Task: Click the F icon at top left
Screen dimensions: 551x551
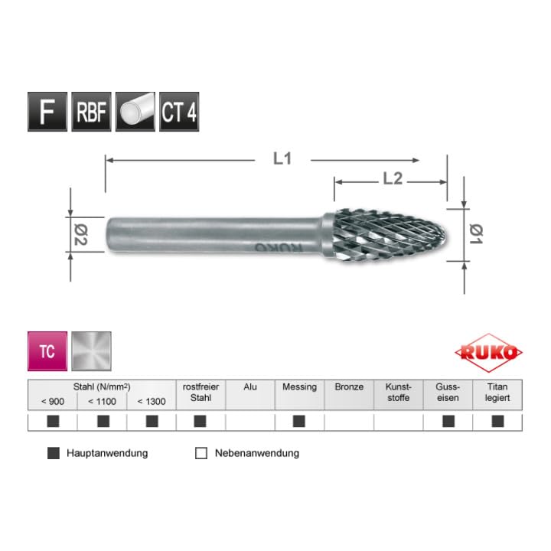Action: (47, 112)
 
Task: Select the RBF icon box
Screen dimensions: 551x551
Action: (91, 112)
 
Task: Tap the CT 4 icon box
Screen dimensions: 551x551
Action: (179, 112)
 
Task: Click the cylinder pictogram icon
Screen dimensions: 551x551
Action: (135, 112)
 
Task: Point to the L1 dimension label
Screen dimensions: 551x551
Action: (283, 159)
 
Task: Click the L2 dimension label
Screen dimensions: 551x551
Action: (392, 180)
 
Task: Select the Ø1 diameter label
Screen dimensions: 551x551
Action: (474, 233)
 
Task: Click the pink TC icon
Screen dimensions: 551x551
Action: (47, 351)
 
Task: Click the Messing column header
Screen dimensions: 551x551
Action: (299, 387)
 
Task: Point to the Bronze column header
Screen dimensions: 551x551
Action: (349, 387)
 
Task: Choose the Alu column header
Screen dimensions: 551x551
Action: (250, 387)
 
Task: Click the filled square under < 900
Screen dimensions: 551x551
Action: (53, 421)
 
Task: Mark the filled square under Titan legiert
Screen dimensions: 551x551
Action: (497, 421)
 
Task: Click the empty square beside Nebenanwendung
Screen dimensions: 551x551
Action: (201, 453)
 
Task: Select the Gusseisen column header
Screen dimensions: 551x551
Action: (448, 393)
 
